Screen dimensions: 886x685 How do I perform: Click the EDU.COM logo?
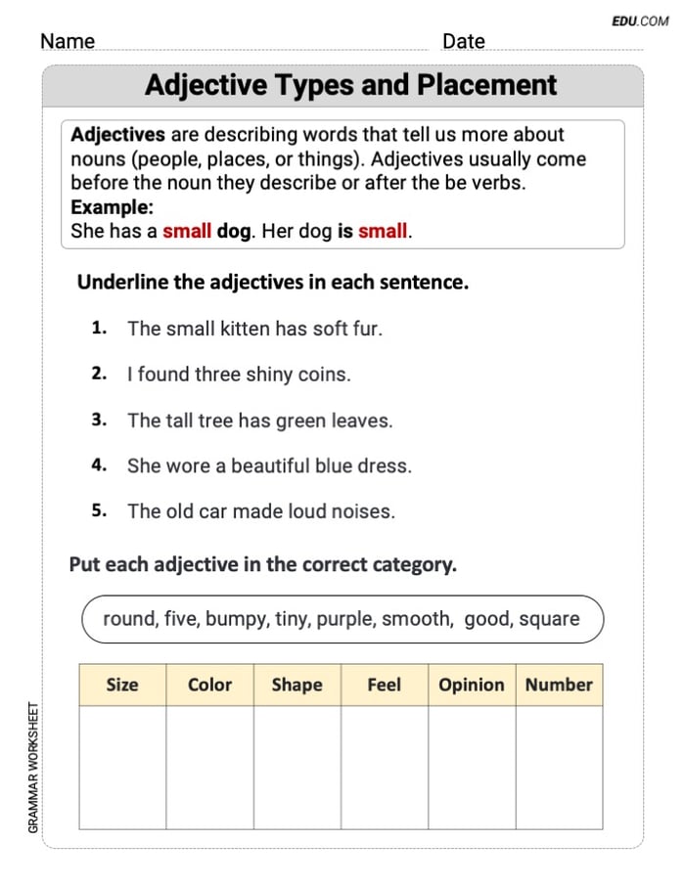(x=640, y=21)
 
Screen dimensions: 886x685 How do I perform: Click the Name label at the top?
(x=68, y=41)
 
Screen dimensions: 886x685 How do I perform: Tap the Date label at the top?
(x=463, y=41)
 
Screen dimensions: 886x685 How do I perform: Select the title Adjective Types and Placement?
(x=350, y=85)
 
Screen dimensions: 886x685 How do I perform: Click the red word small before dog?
(x=187, y=233)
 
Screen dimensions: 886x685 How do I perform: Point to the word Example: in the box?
(x=112, y=208)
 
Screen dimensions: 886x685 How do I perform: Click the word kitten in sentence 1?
(x=239, y=330)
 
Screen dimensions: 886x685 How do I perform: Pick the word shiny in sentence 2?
(x=269, y=375)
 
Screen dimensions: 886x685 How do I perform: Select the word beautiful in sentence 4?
(x=270, y=466)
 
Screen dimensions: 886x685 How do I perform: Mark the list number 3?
(x=98, y=421)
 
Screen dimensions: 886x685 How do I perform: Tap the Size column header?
(x=122, y=686)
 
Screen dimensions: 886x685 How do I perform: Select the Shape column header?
(x=297, y=686)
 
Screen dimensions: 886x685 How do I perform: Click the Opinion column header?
(x=472, y=686)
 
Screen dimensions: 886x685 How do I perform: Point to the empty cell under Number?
(x=559, y=767)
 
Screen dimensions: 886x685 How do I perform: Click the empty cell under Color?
(x=209, y=767)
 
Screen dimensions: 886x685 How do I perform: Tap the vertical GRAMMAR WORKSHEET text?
(x=33, y=768)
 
